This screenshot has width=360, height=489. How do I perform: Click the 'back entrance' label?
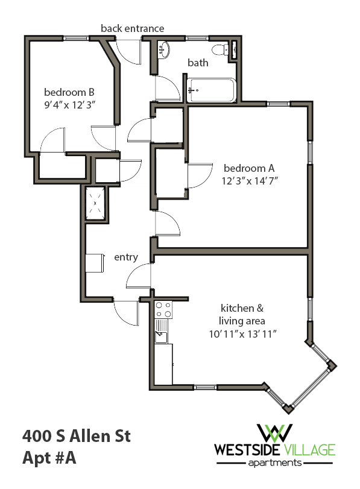132,28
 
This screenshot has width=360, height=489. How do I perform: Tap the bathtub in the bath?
211,91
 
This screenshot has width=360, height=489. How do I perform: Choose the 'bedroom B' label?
69,92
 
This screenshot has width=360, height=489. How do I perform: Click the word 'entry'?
126,257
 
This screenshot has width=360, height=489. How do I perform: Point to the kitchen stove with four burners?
163,310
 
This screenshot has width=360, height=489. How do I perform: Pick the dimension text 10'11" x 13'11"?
244,333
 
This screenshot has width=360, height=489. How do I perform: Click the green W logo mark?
274,432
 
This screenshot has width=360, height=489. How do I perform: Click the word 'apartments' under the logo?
274,463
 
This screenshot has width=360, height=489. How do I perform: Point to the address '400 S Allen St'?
76,435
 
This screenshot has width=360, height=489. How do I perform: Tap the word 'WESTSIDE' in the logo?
244,450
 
